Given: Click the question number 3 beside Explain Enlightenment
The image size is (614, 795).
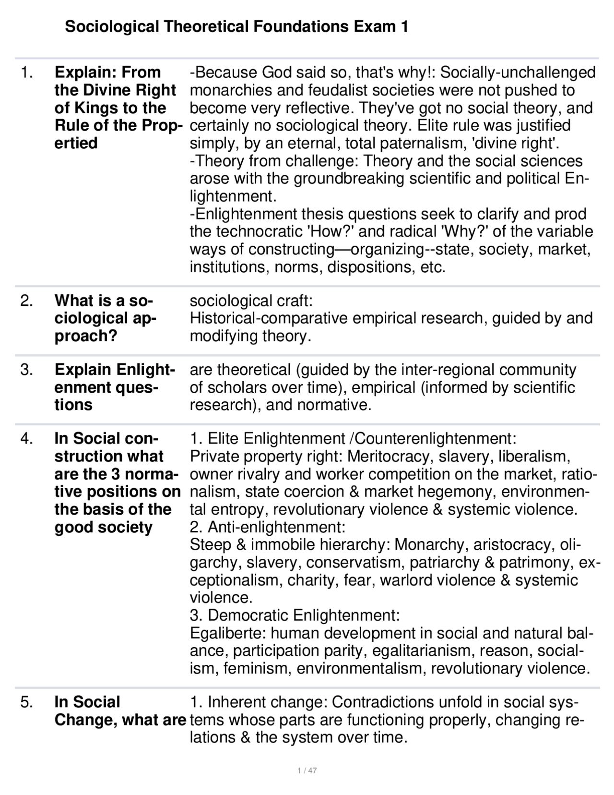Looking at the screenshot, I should [x=26, y=370].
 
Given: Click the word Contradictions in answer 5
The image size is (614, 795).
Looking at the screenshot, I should [x=389, y=702].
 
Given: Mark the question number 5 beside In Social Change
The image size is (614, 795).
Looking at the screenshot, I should [x=26, y=702].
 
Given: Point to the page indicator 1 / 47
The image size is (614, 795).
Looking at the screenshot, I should [x=307, y=771].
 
